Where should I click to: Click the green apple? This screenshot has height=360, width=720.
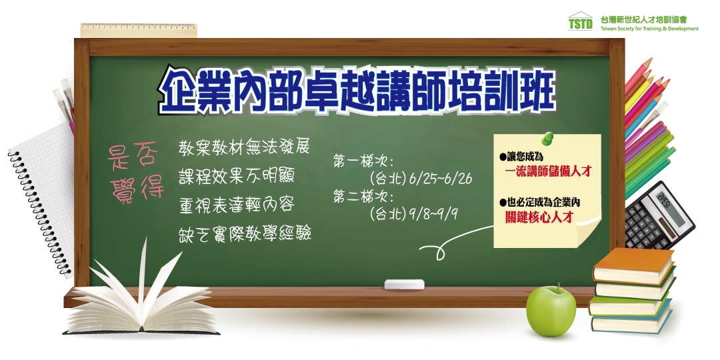(x=551, y=311)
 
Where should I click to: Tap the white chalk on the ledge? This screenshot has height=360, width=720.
(x=404, y=284)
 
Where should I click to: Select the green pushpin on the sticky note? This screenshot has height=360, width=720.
(x=548, y=138)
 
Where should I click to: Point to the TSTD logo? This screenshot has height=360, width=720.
(x=581, y=21)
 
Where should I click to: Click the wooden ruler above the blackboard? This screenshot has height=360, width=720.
(x=139, y=30)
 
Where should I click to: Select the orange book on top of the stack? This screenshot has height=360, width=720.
(x=633, y=265)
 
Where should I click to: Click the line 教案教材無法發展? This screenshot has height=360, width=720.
(x=244, y=147)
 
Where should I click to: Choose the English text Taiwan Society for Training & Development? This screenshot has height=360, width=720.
(x=649, y=29)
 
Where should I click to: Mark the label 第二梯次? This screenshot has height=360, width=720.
(x=363, y=197)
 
